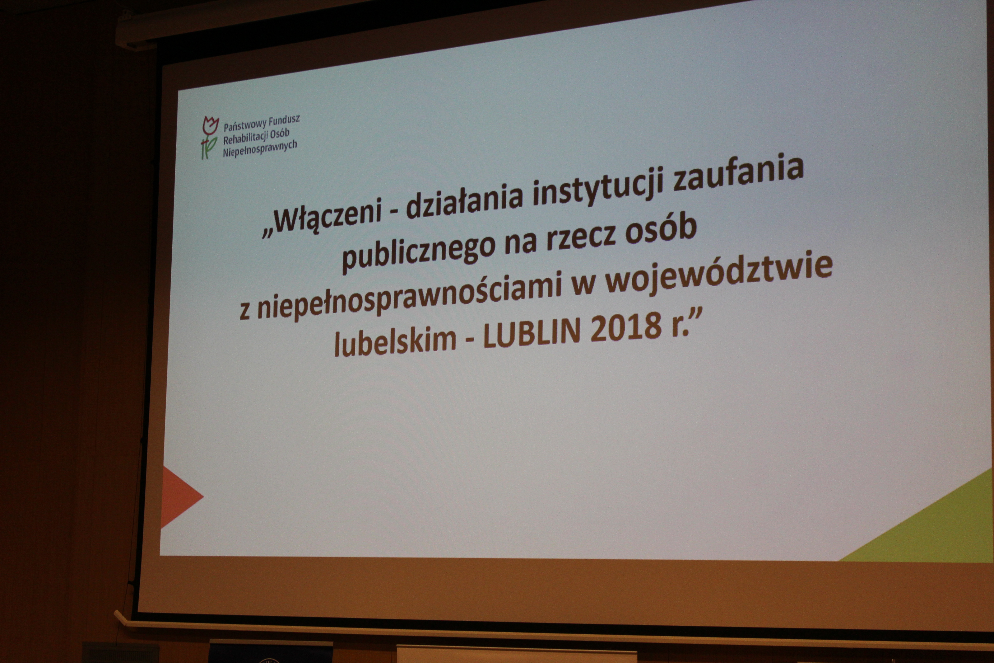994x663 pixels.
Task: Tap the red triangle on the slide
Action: coord(180,497)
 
